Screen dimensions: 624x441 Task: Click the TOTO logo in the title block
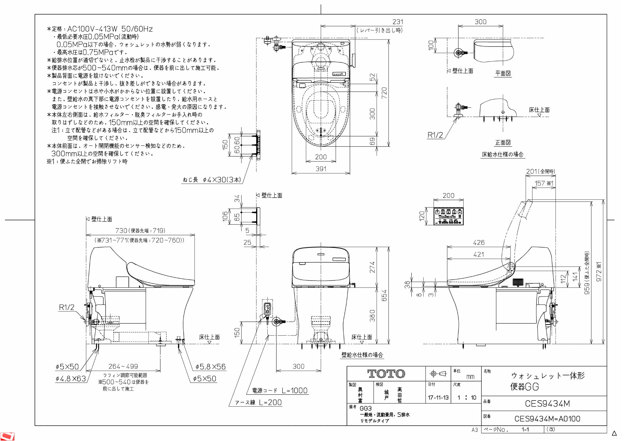point(386,374)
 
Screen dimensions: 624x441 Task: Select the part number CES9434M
point(547,404)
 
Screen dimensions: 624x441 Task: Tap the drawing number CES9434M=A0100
point(547,419)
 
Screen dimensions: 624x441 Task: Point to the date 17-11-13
point(438,398)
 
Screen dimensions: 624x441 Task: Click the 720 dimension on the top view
point(384,93)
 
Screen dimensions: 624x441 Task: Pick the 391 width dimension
point(321,169)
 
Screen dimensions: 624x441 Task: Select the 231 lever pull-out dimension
point(398,22)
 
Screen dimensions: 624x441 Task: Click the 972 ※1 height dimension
point(599,272)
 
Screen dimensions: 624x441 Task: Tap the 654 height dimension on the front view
point(384,295)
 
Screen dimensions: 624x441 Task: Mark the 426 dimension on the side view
point(479,242)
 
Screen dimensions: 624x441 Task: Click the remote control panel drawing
point(448,216)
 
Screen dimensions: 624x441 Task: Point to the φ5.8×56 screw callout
point(211,367)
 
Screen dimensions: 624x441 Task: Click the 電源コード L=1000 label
point(280,390)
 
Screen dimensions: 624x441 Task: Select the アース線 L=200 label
point(258,403)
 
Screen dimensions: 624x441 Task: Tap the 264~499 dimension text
point(123,366)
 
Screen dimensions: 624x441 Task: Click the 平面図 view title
point(503,73)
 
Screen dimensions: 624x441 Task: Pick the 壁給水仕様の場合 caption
point(362,355)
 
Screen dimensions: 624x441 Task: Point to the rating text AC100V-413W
point(92,29)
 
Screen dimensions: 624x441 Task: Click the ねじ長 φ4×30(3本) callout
point(212,180)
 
